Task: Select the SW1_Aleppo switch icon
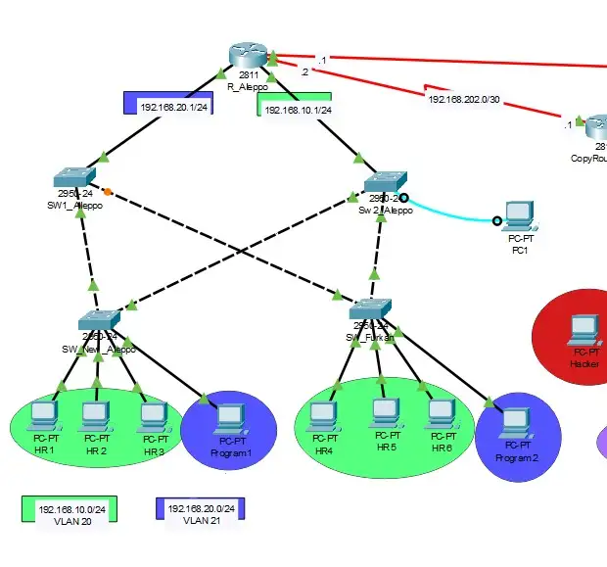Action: (x=75, y=177)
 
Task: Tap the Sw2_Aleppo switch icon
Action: (x=384, y=183)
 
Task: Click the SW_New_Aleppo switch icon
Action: (x=101, y=320)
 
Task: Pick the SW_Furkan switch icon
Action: (x=370, y=309)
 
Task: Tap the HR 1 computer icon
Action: (x=42, y=416)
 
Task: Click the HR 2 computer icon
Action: (x=95, y=415)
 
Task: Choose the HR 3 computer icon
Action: (x=153, y=415)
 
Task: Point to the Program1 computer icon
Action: (x=228, y=419)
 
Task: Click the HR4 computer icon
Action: (x=324, y=415)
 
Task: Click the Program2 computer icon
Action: (x=516, y=424)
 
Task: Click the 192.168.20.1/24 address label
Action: (x=173, y=107)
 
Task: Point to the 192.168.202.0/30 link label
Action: (x=465, y=99)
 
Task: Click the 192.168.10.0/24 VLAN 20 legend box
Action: (x=70, y=509)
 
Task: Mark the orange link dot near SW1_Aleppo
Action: (x=108, y=190)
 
